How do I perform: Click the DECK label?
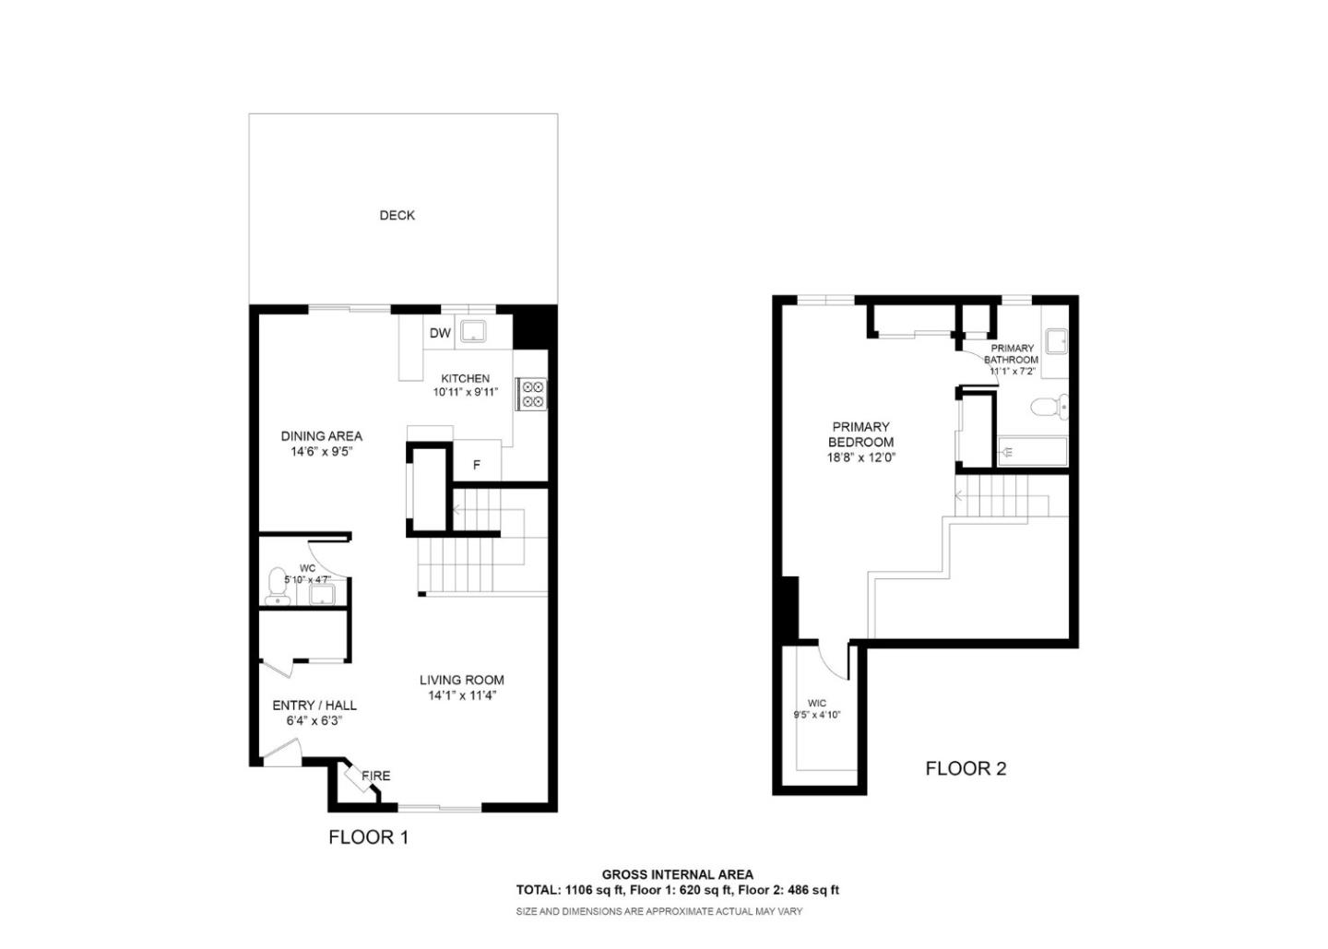click(x=397, y=215)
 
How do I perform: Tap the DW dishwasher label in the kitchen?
click(x=440, y=333)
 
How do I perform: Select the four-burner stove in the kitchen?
click(x=532, y=394)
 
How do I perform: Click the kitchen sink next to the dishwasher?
click(x=474, y=332)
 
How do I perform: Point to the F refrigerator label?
click(x=477, y=465)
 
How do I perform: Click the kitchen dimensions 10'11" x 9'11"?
click(x=466, y=392)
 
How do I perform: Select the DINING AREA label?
click(x=321, y=435)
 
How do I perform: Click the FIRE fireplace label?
click(x=375, y=776)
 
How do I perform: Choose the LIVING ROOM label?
click(x=461, y=680)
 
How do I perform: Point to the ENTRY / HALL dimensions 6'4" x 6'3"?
click(x=314, y=720)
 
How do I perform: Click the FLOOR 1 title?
click(x=368, y=837)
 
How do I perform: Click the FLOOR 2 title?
click(x=966, y=768)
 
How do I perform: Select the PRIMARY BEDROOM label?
click(x=860, y=434)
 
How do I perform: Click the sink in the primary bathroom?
click(x=1056, y=341)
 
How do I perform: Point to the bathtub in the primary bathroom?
click(x=1033, y=452)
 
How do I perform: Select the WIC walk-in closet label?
click(x=816, y=703)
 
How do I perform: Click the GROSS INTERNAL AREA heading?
click(x=677, y=874)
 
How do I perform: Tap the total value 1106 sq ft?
click(x=590, y=890)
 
